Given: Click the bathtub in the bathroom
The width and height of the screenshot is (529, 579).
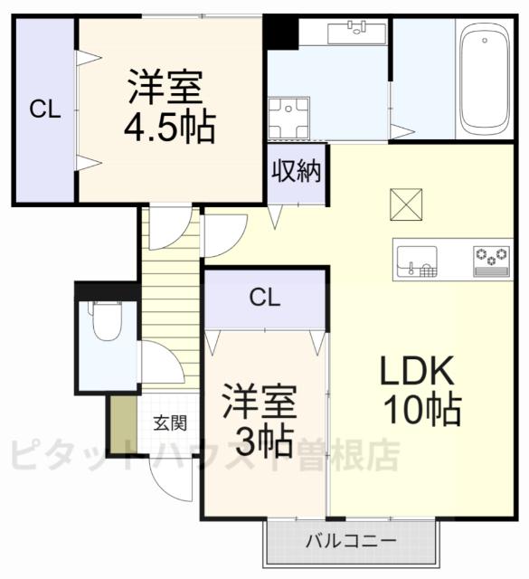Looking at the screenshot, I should (486, 79).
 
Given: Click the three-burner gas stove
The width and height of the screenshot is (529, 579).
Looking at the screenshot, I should (493, 260).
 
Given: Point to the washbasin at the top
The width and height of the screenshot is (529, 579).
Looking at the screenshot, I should (354, 33).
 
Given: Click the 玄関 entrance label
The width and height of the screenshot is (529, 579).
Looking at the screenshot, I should (169, 422).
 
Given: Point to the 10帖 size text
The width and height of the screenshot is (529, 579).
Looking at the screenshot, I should (421, 411).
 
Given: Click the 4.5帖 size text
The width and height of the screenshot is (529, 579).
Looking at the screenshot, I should (170, 128).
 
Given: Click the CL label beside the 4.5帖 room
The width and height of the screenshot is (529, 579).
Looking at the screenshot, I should (44, 109).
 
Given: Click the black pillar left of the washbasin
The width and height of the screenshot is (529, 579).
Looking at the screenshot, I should (282, 33).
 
